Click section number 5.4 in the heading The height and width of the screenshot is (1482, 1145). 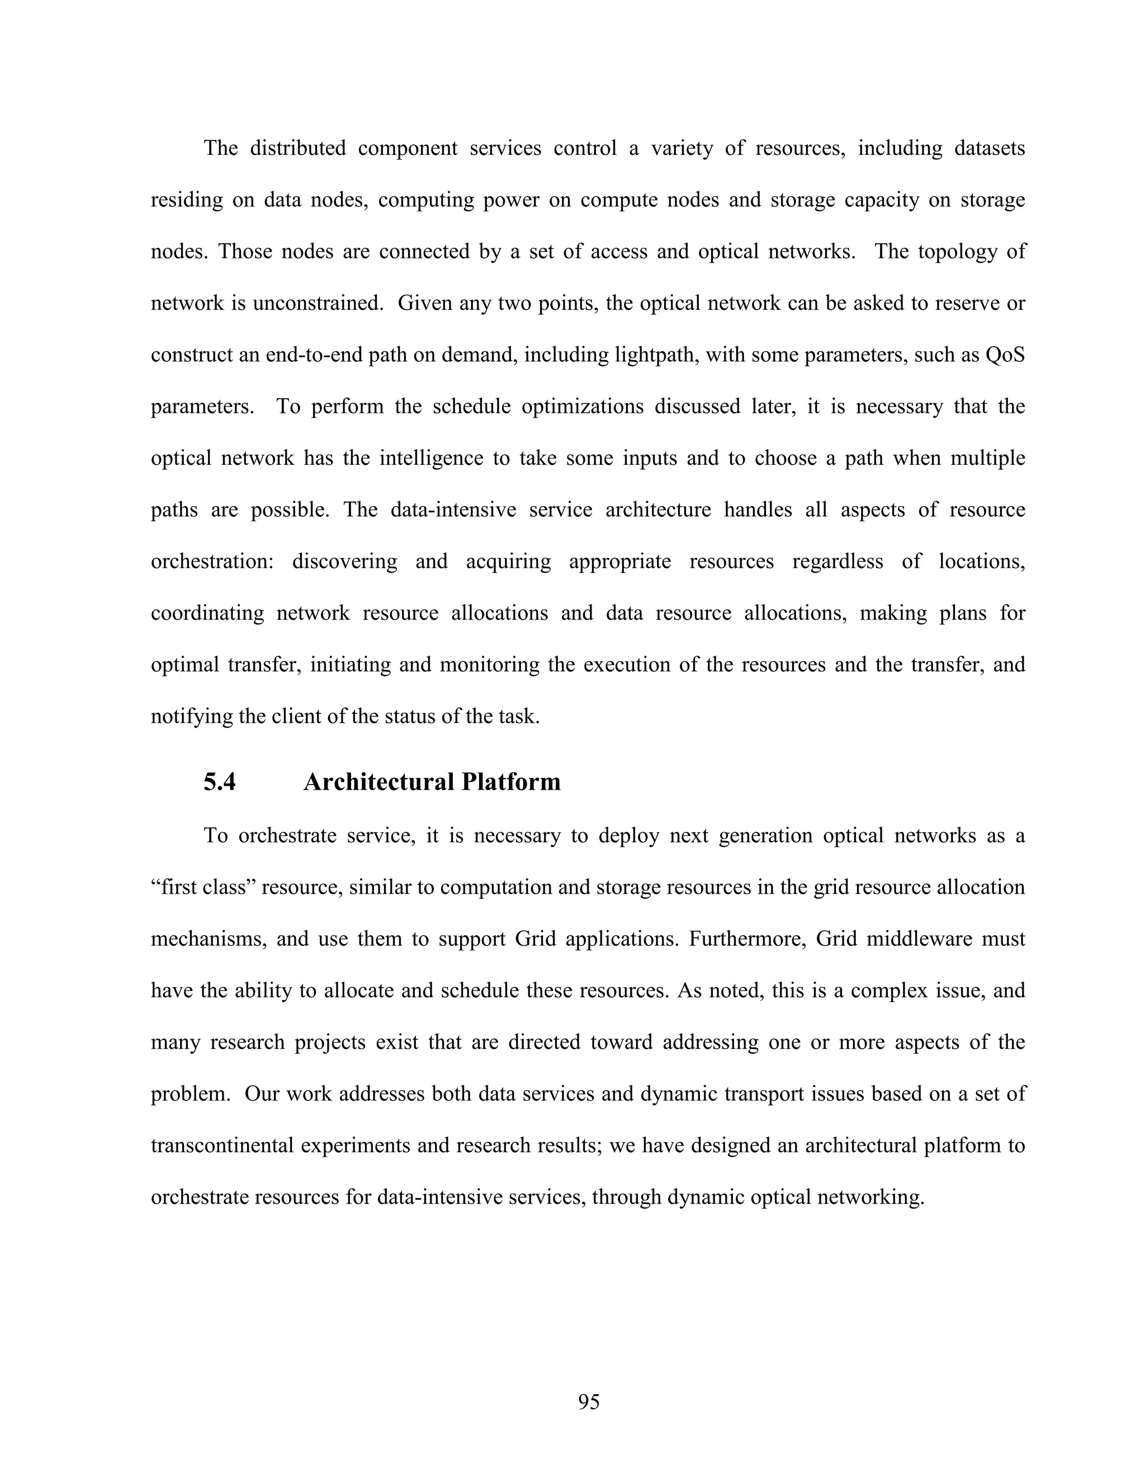(219, 782)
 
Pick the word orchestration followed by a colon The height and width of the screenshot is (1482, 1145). (212, 562)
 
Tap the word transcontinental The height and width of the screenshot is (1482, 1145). (222, 1145)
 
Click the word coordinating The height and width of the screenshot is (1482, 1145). (207, 613)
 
